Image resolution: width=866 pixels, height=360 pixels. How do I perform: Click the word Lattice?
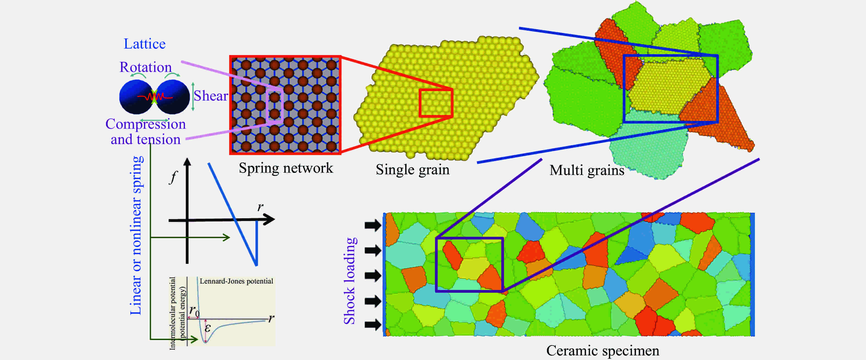(145, 44)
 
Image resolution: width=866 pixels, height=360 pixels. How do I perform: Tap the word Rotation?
(145, 67)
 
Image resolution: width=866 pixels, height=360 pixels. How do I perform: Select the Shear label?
(211, 96)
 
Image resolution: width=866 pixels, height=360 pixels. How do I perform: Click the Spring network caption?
(286, 168)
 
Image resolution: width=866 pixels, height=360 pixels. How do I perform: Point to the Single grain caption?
(412, 170)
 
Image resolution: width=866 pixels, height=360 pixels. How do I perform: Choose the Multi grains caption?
(587, 170)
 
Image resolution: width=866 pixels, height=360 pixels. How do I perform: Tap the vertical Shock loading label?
(350, 281)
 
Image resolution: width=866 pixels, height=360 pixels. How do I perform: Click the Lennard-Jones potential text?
(236, 281)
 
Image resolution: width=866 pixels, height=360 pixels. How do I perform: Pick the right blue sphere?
(173, 97)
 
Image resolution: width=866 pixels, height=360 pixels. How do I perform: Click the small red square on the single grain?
(436, 103)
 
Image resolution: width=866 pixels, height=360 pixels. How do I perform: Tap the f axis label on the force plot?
(173, 177)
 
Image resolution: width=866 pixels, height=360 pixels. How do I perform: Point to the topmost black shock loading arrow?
(373, 225)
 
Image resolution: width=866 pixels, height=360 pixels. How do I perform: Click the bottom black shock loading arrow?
(373, 325)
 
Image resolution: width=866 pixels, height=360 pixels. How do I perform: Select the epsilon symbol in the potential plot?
(208, 328)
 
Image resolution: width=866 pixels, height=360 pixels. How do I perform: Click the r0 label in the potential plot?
(194, 311)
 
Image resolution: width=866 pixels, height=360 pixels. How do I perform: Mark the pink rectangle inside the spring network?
(275, 106)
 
